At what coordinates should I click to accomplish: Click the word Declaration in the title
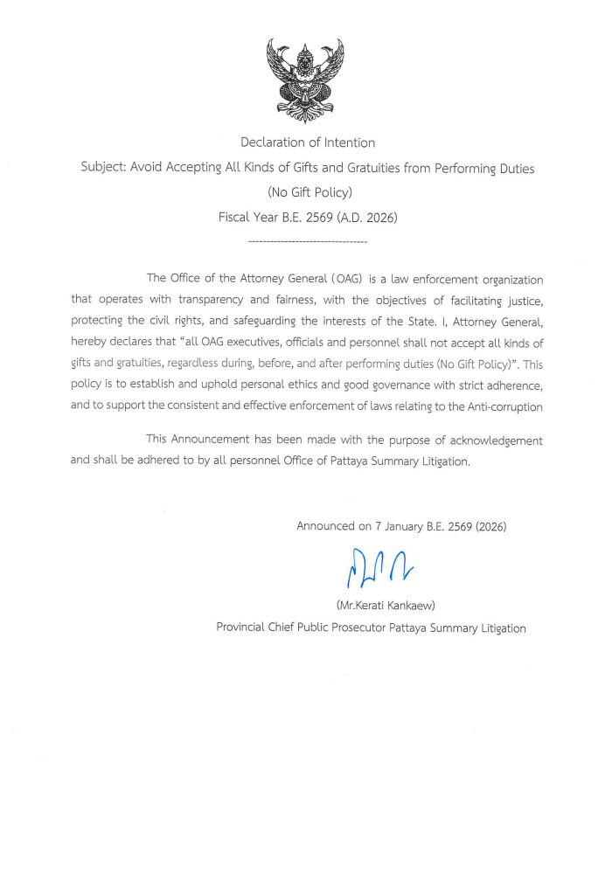coord(271,142)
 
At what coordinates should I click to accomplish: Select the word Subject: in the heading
coord(103,168)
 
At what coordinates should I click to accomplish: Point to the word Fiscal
coord(234,217)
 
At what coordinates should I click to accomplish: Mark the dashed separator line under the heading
coord(307,239)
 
